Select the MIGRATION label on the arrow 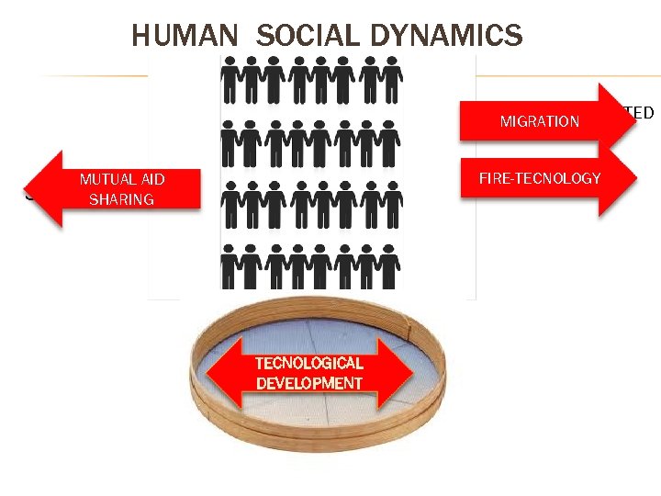tap(539, 121)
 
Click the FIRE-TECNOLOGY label tap(539, 178)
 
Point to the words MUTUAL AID tap(122, 179)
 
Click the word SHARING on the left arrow tap(120, 198)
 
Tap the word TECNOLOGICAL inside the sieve tap(308, 364)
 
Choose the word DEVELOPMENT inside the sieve tap(308, 383)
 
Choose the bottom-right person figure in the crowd tap(390, 267)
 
